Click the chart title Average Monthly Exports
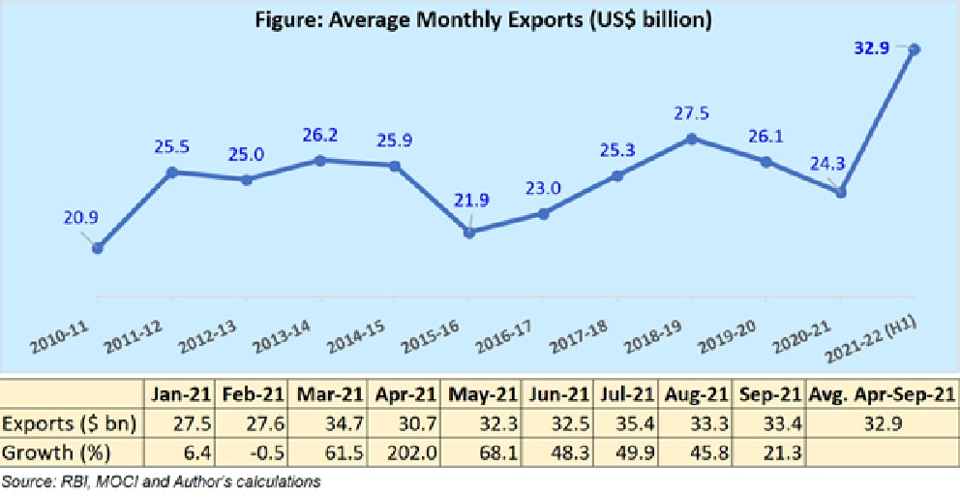point(480,20)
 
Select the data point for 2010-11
point(98,248)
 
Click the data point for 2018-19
point(692,139)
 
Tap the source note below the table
point(163,481)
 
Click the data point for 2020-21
point(841,193)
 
